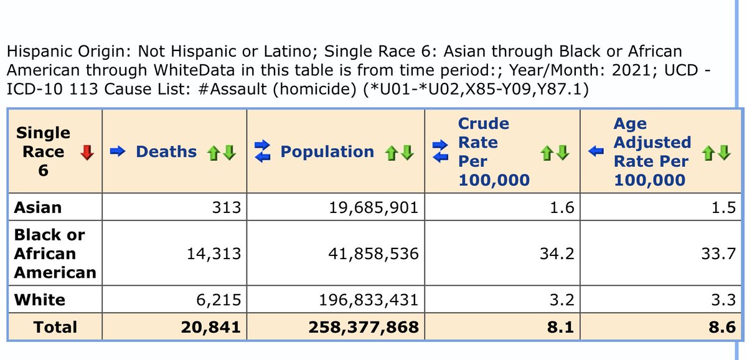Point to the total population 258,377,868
[x=364, y=327]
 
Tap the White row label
[x=40, y=300]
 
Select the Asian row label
[x=38, y=207]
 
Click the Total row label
[x=56, y=327]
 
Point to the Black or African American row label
[x=55, y=253]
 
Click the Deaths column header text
[x=166, y=152]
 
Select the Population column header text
[x=327, y=152]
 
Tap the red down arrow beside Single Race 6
[x=87, y=152]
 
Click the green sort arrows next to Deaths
[x=222, y=152]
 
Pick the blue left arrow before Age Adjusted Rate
[x=596, y=152]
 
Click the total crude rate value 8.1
[x=556, y=327]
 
